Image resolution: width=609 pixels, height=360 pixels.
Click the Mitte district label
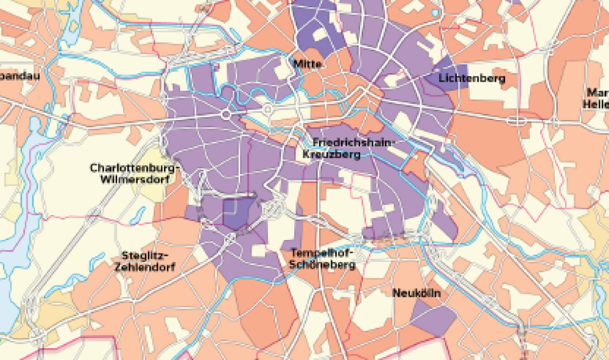point(308,64)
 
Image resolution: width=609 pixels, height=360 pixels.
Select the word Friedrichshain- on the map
point(354,143)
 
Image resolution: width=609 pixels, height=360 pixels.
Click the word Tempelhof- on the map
point(322,253)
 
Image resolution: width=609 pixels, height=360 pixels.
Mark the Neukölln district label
point(417,294)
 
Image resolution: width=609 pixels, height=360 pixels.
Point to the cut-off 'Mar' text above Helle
point(599,93)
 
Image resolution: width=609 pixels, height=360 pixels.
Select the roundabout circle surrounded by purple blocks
point(226,114)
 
